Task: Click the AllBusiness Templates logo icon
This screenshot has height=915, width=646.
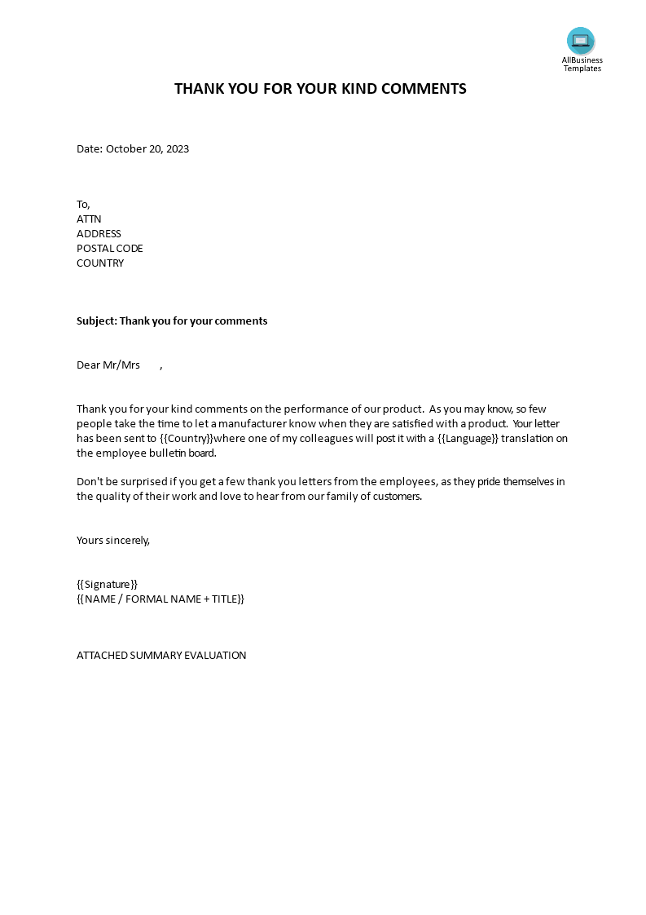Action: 581,41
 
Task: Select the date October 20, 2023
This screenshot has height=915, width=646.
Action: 147,149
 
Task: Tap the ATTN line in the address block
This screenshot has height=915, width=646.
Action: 89,219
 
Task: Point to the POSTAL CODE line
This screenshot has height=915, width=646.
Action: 110,249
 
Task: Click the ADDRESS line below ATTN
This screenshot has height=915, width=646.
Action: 99,234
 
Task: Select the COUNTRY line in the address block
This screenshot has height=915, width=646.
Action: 100,263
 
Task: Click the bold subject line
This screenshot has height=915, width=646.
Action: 172,321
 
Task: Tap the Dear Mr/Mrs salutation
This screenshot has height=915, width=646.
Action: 108,365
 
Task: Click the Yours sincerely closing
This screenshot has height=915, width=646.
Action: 113,540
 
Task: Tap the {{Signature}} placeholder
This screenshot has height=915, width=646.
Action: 108,584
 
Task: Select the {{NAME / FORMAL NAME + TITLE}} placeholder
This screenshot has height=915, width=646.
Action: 160,599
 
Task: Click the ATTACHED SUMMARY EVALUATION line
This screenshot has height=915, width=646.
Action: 161,656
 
